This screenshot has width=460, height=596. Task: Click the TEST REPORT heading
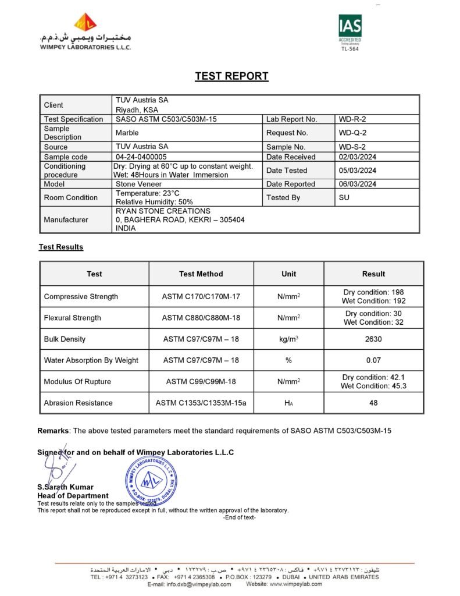231,76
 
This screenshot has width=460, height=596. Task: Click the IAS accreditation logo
350,31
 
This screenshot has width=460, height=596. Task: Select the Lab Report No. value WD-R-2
352,119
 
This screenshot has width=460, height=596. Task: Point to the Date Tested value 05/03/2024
357,171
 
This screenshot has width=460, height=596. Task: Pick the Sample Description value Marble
127,133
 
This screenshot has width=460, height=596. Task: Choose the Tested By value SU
344,198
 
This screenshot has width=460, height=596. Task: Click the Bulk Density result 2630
373,339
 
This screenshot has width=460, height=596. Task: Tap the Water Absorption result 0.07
373,360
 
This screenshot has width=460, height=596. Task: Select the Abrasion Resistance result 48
373,403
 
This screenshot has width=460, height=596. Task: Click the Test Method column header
201,274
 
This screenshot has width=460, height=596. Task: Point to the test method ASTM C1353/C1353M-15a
201,403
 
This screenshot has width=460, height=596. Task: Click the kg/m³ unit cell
288,339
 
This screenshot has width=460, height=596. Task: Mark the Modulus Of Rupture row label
77,382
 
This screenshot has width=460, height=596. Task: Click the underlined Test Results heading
61,247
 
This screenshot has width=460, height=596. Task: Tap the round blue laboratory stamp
150,478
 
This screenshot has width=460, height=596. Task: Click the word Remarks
54,431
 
